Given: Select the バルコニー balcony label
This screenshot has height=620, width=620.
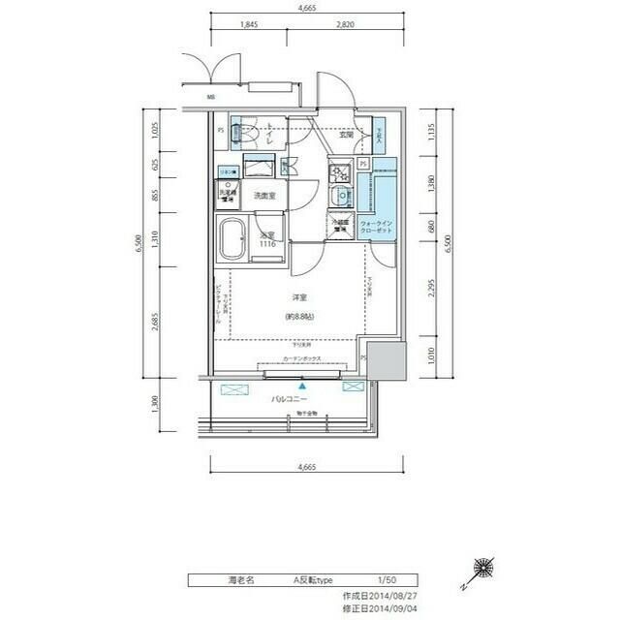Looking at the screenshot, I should click(x=289, y=399).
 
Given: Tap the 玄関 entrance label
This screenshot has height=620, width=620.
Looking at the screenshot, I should click(x=346, y=135).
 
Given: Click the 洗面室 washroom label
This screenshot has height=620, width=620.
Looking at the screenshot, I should click(x=263, y=197).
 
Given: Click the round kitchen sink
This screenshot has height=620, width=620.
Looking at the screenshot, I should click(x=340, y=199).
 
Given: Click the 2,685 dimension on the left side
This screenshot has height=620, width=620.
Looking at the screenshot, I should click(x=155, y=319).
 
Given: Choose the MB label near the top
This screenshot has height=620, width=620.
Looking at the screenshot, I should click(x=210, y=98).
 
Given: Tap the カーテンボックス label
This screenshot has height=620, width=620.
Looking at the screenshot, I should click(x=302, y=358).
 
